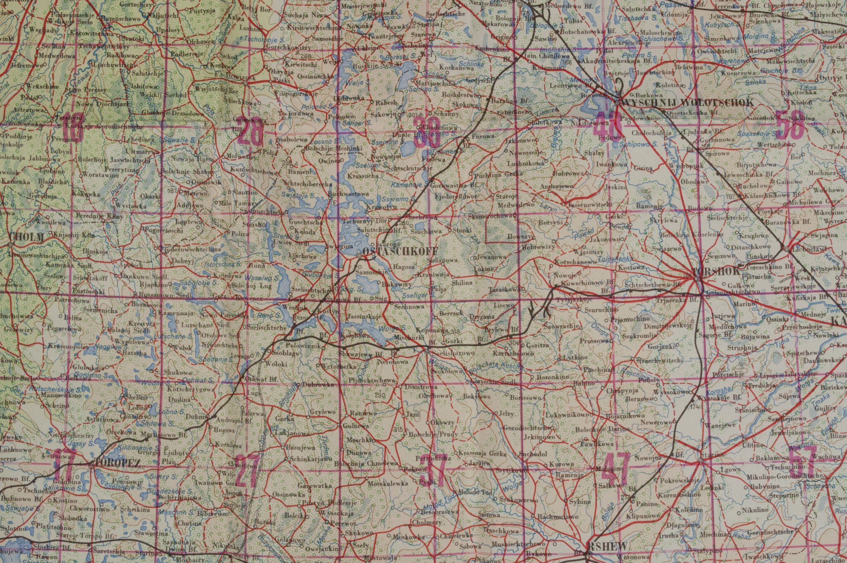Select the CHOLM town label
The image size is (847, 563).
coord(26,238)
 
